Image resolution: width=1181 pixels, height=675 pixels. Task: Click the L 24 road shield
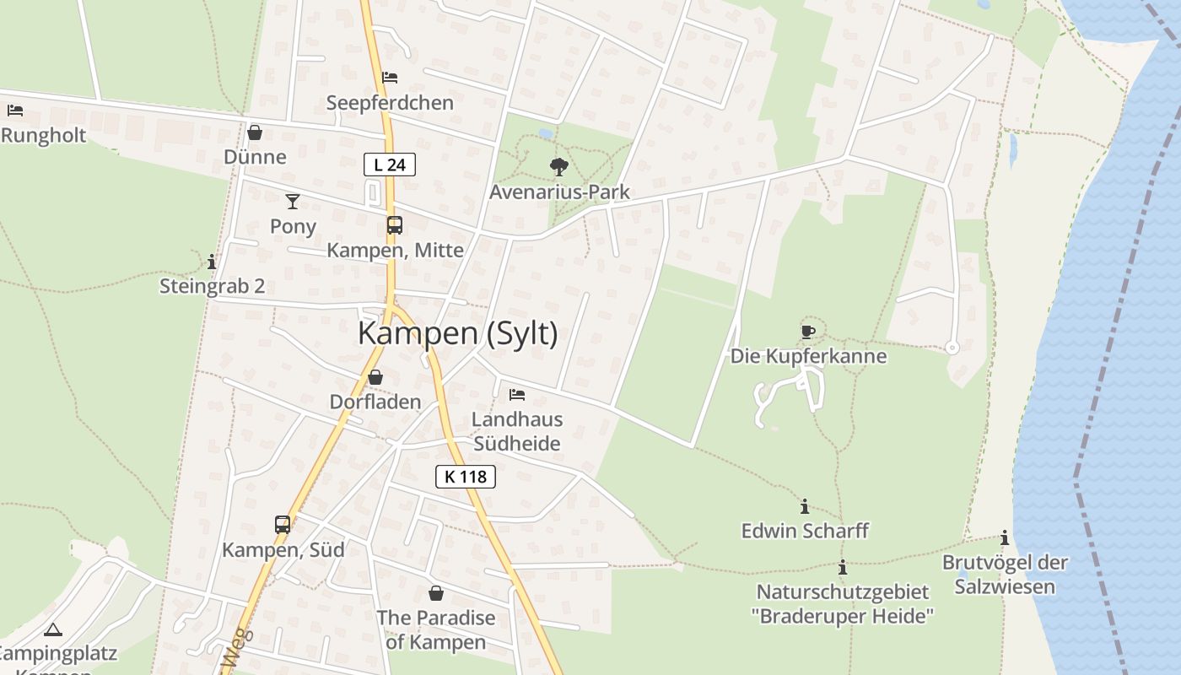pos(390,165)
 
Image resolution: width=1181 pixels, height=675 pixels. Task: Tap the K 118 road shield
pos(466,477)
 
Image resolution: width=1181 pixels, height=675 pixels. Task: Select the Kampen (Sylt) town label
pos(458,333)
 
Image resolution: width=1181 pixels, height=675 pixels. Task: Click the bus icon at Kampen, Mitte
pos(394,225)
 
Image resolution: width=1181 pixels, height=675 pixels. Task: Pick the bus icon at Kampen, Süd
pos(283,524)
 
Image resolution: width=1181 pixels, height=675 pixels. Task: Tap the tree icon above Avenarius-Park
pos(558,166)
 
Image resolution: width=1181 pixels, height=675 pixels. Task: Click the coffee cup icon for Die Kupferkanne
pos(808,332)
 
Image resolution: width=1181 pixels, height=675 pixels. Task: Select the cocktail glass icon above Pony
pos(293,201)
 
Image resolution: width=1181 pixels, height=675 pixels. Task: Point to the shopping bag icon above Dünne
pos(255,132)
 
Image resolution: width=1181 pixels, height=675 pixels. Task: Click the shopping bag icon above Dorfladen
pos(375,377)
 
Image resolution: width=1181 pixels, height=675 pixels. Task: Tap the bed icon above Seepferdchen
pos(390,78)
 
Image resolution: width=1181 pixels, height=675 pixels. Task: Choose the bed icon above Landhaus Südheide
pos(517,394)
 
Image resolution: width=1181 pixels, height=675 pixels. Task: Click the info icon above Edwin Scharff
pos(805,506)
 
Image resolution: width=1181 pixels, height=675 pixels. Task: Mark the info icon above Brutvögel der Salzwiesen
pos(1005,537)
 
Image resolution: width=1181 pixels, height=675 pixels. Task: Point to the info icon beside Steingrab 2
pos(212,262)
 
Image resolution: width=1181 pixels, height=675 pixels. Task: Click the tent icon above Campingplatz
pos(53,629)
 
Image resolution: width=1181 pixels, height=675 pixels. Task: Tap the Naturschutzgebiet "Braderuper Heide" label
pos(843,604)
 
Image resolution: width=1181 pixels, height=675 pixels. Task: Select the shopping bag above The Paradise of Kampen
pos(436,593)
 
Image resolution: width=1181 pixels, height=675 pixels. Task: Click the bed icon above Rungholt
pos(14,110)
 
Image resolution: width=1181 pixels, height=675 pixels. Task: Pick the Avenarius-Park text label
pos(559,192)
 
